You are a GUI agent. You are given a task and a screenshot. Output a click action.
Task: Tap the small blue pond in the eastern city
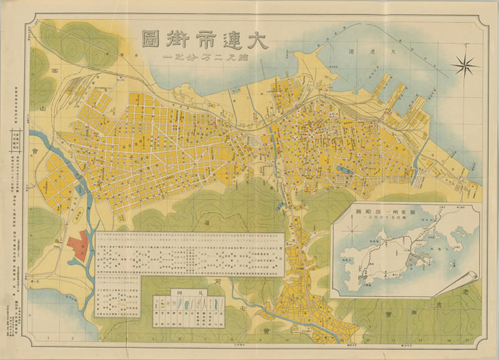pyautogui.click(x=342, y=169)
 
